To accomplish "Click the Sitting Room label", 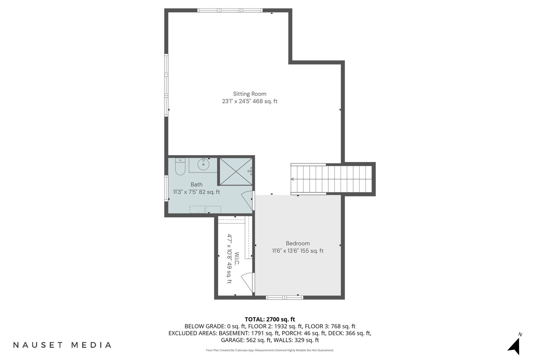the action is point(249,94).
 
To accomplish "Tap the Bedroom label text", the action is point(298,243).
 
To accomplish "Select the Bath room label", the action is point(197,184).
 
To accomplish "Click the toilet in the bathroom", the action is point(180,166).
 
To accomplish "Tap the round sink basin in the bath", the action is point(203,164).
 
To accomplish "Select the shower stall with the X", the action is point(235,171).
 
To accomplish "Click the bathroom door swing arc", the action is point(247,200).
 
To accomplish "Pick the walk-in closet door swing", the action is point(247,282).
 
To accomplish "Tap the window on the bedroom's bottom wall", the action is point(284,298).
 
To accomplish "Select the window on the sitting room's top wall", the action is point(230,10).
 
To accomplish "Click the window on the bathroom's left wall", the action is point(166,188).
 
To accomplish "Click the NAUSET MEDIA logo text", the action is point(62,345).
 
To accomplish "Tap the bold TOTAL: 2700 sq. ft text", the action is point(270,319).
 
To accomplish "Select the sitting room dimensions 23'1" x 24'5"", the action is point(237,101).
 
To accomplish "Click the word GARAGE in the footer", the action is point(233,340).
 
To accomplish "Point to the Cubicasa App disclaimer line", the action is point(270,350).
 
